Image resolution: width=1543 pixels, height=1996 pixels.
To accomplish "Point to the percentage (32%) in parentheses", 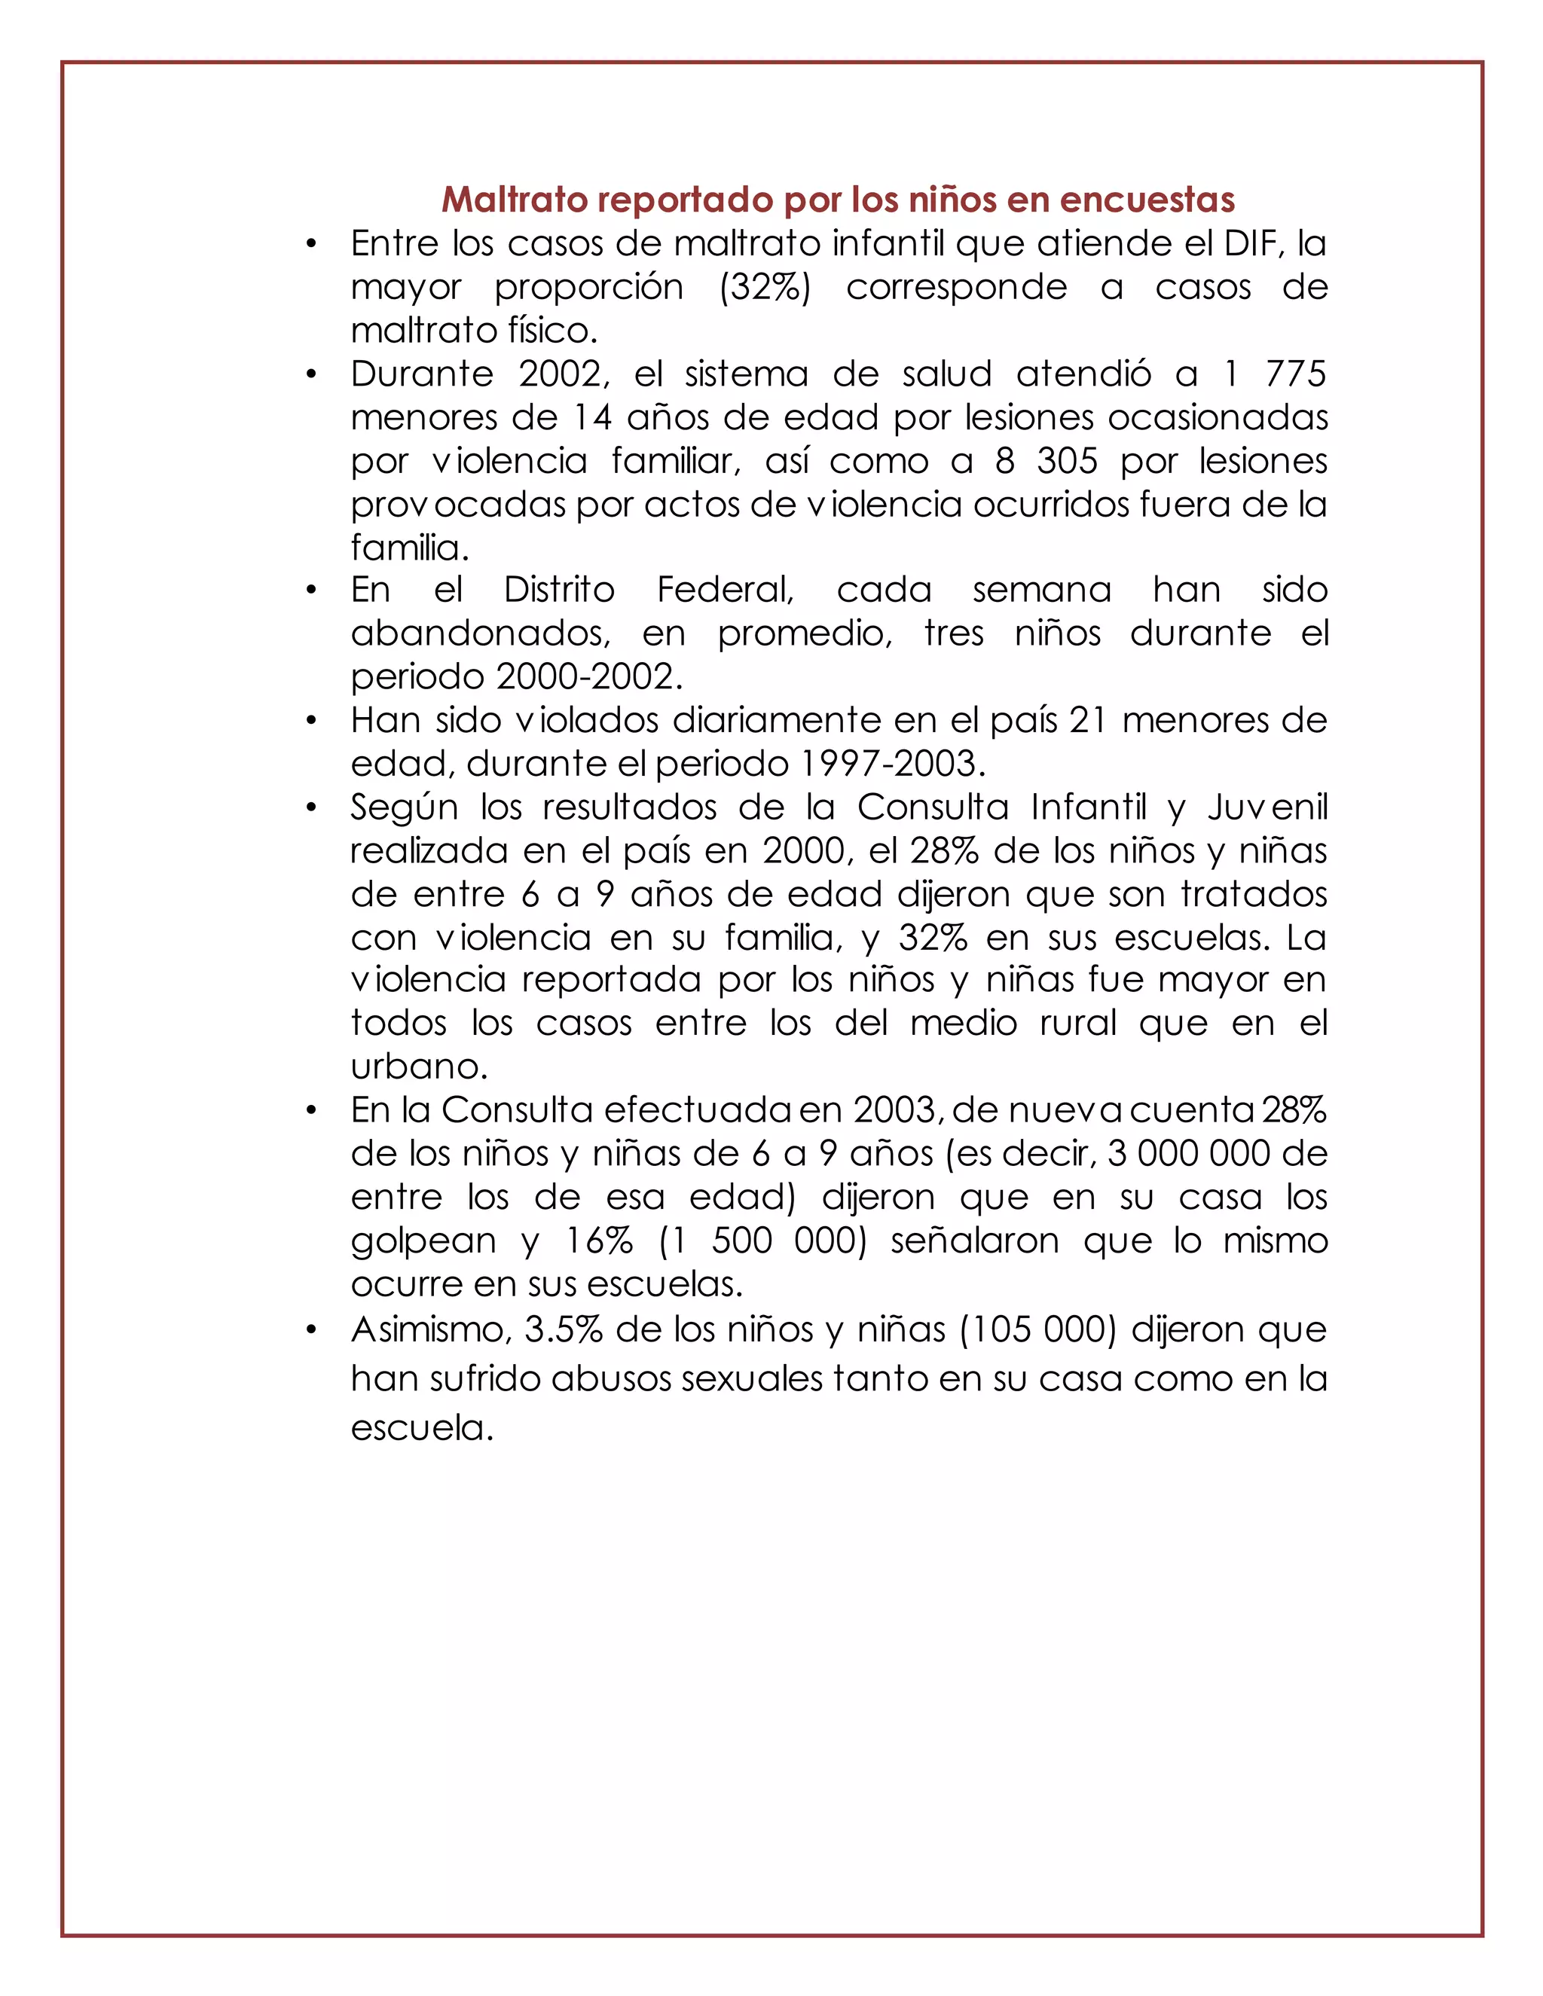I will (764, 287).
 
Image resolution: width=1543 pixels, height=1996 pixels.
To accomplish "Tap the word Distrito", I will (560, 590).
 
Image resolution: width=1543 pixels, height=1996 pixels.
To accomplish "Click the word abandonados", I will (480, 633).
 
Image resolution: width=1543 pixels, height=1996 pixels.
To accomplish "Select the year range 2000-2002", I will (590, 677).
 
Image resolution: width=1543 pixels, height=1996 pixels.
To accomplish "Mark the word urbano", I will (419, 1067).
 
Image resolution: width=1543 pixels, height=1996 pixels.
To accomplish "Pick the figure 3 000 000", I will (1188, 1153).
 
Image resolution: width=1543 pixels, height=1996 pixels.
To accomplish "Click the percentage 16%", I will (600, 1241).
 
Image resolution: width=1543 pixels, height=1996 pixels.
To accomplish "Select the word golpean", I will (423, 1242).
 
